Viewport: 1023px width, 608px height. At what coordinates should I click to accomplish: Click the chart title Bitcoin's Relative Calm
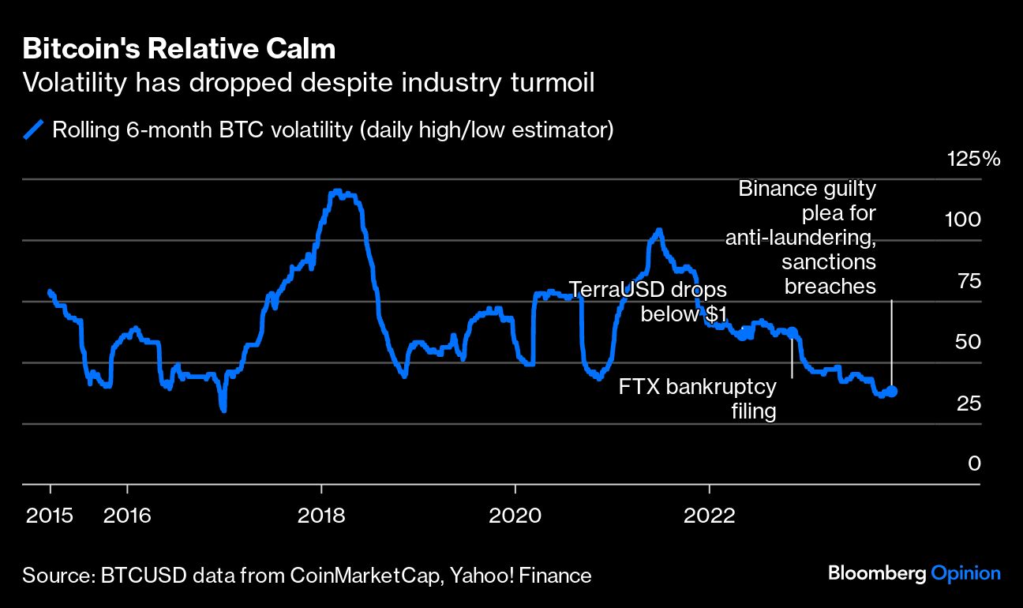tap(179, 49)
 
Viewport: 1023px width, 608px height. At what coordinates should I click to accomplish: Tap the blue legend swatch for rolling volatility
tap(34, 129)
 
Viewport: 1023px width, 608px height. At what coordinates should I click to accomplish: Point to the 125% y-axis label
tap(973, 159)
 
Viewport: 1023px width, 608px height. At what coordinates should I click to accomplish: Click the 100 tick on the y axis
tap(963, 220)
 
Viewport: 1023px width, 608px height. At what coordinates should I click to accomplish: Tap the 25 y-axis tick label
tap(968, 403)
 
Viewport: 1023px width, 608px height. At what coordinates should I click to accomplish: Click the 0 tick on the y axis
tap(974, 464)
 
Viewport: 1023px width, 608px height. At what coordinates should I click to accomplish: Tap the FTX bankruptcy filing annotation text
tap(698, 399)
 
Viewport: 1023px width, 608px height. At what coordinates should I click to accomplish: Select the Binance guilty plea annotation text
tap(801, 237)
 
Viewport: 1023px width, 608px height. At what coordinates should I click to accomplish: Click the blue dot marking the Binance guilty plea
tap(892, 391)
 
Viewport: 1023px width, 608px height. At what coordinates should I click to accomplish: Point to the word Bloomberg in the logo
tap(876, 574)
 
